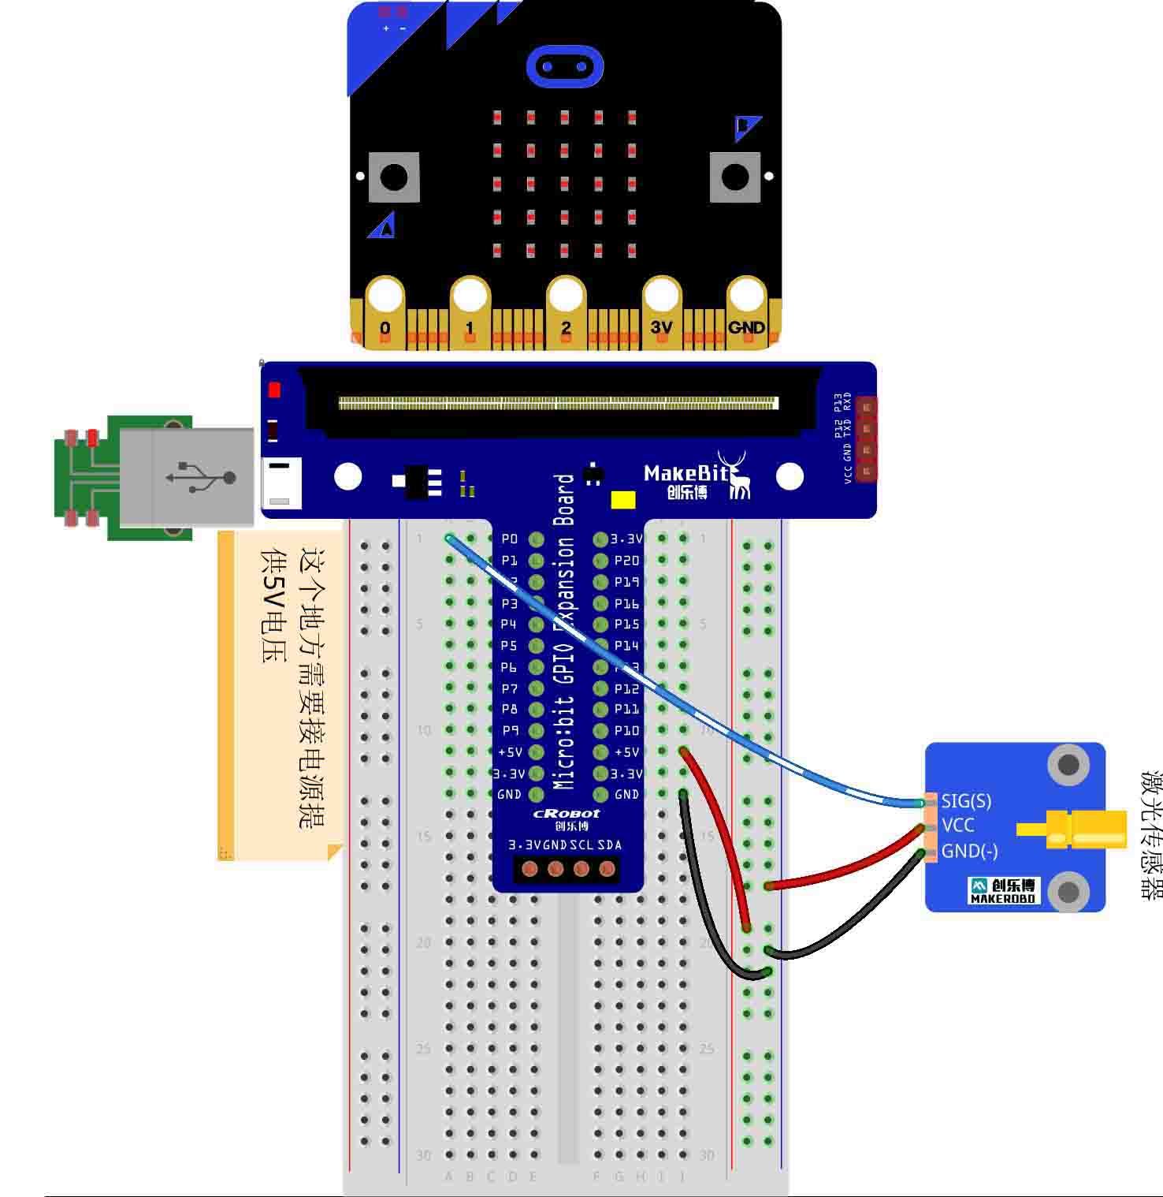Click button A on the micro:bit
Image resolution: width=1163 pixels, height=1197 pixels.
[x=394, y=177]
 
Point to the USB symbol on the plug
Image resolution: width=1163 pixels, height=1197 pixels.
[x=201, y=477]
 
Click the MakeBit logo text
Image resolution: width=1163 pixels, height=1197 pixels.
[x=686, y=473]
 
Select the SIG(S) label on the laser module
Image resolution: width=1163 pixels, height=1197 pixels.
[x=966, y=801]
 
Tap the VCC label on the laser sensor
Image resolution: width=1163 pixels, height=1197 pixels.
[x=957, y=826]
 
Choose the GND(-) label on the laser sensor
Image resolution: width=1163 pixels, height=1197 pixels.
[x=969, y=851]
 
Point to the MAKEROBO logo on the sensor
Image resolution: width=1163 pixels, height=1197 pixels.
[x=1003, y=890]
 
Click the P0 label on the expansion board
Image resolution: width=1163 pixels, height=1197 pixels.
[x=510, y=539]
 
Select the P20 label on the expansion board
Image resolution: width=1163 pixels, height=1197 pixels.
[x=626, y=561]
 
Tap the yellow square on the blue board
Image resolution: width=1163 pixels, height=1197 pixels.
[x=623, y=500]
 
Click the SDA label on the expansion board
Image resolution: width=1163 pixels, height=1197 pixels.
[x=609, y=845]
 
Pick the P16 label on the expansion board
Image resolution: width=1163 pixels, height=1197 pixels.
[x=626, y=603]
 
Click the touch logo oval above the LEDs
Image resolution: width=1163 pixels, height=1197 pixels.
[x=564, y=66]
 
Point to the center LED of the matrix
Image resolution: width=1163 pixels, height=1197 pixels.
[x=564, y=184]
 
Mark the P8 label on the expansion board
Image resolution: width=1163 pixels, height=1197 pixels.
[x=510, y=710]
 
